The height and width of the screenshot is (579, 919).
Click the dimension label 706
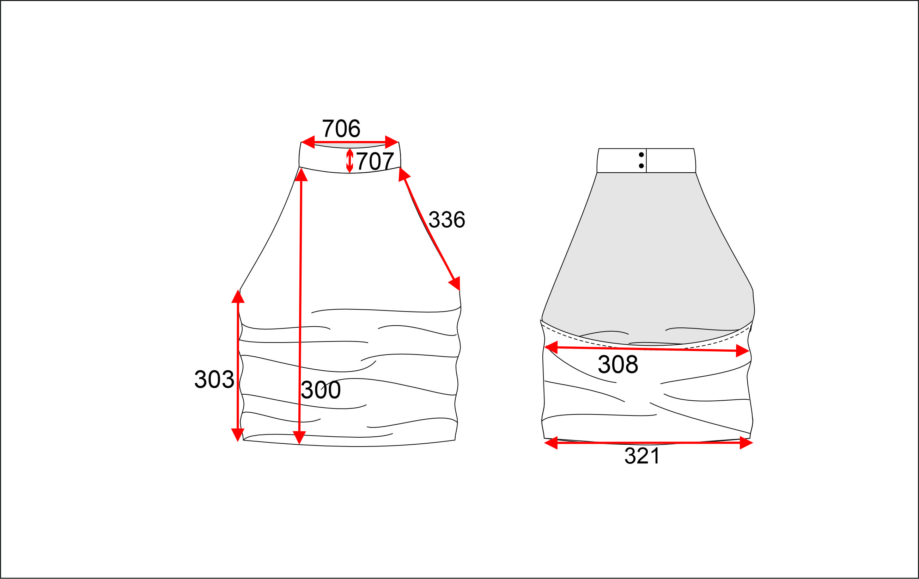tap(341, 129)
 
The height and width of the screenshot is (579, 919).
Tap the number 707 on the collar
tap(375, 161)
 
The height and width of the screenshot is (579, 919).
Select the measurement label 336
tap(447, 220)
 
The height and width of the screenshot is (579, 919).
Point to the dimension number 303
tap(214, 380)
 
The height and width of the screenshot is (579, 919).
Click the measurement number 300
tap(321, 390)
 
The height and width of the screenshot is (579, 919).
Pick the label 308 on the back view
tap(618, 365)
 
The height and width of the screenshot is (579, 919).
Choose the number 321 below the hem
tap(642, 456)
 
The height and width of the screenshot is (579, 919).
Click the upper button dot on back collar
tap(641, 154)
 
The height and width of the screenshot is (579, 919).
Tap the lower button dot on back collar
tap(641, 166)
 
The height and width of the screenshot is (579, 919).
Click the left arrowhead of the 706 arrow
tap(308, 142)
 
